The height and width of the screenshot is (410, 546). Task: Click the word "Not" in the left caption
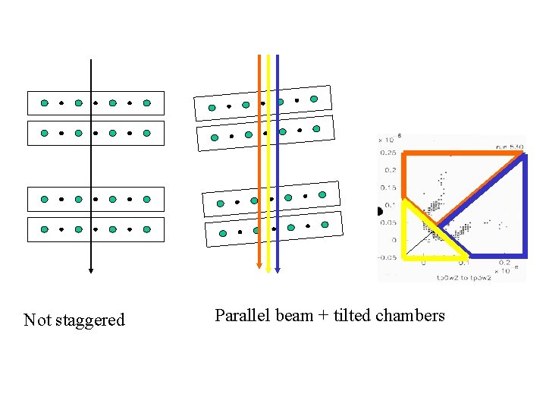(37, 320)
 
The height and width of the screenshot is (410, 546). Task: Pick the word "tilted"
(351, 316)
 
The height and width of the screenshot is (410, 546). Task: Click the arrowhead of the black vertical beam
(90, 268)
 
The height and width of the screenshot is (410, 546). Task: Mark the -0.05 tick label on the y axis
(386, 258)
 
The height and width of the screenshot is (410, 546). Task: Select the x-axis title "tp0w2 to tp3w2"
(463, 277)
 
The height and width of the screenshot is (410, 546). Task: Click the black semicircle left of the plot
(381, 212)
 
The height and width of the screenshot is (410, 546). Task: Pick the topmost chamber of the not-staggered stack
(96, 102)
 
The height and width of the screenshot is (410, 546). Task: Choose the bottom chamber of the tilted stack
(273, 228)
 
